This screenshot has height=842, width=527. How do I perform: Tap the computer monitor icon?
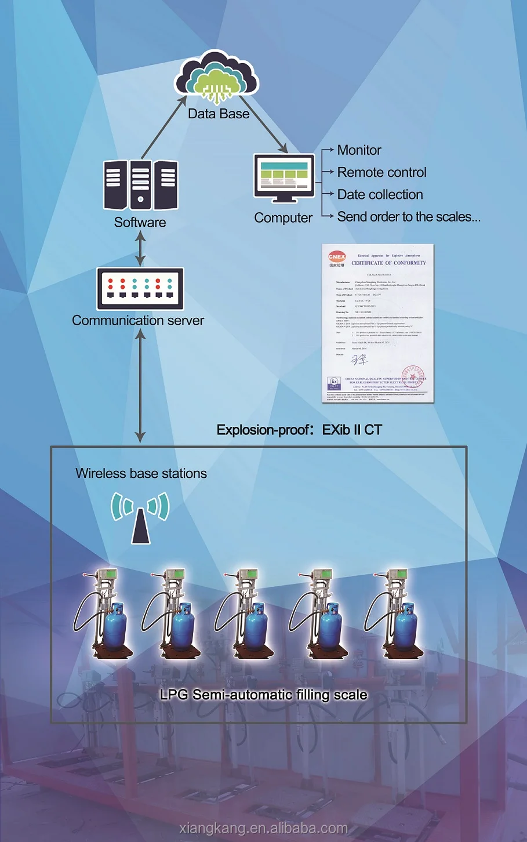tap(284, 177)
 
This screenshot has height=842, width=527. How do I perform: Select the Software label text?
tap(140, 223)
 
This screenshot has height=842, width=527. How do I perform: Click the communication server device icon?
tap(140, 288)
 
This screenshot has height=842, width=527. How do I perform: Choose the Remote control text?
tap(381, 172)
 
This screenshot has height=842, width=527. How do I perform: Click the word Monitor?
tap(359, 150)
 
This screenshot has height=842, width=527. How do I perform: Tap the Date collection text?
tap(380, 195)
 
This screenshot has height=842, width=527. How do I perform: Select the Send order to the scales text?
tap(408, 217)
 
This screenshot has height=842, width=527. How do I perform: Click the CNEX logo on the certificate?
tap(337, 257)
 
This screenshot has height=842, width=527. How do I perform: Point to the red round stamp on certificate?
tap(413, 376)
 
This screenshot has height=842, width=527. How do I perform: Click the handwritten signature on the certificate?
tap(359, 360)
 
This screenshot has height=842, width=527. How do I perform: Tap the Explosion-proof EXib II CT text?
tap(299, 430)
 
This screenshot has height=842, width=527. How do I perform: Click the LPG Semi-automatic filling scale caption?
tap(263, 695)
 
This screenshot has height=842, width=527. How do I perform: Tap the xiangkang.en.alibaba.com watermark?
tap(264, 828)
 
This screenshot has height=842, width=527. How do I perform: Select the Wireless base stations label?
tap(141, 473)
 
